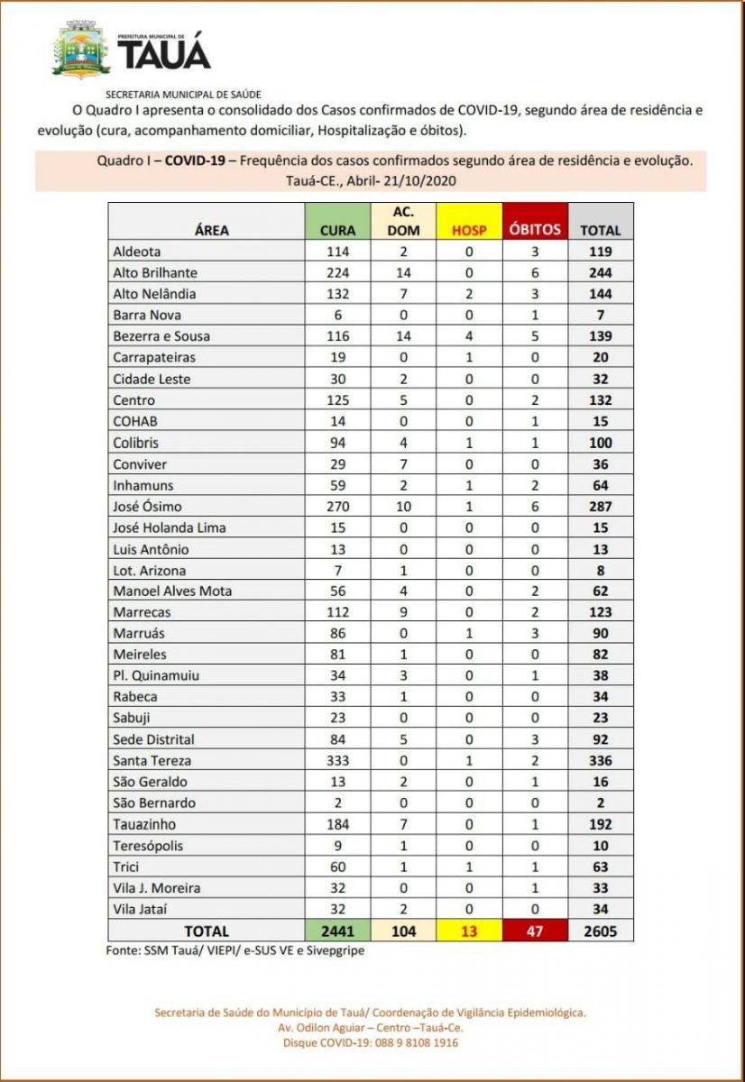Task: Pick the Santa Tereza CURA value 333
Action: coord(337,761)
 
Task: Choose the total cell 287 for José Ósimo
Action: coord(600,507)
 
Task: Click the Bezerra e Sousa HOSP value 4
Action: coord(469,336)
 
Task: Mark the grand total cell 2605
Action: coord(600,931)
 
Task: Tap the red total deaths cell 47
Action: coord(535,931)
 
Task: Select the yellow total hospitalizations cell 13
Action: coord(469,931)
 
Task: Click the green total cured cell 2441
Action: coord(337,931)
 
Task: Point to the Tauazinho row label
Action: coord(144,824)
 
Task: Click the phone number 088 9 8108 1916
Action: coord(410,1043)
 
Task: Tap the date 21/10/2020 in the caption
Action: coord(420,180)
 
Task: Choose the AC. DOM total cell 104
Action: coord(403,931)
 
